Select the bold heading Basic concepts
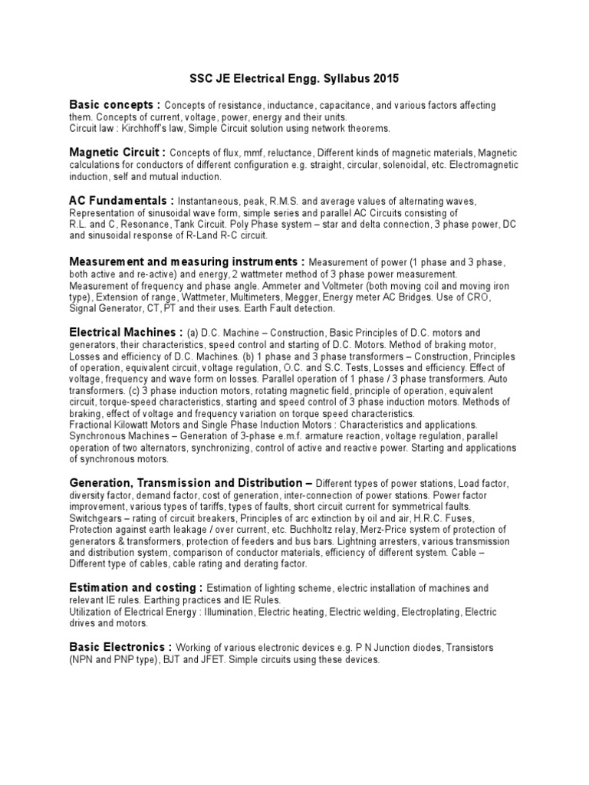114,104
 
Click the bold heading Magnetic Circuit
117,153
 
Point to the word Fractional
93,425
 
